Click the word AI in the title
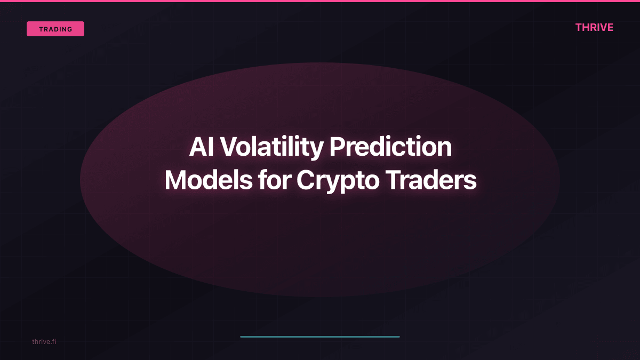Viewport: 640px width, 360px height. (201, 147)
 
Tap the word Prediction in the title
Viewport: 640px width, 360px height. (390, 147)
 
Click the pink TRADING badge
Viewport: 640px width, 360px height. (55, 29)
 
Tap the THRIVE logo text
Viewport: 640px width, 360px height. (594, 28)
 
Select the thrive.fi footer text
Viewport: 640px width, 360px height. (44, 341)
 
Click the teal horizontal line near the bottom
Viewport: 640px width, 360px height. (320, 337)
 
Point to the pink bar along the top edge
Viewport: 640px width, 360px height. (320, 1)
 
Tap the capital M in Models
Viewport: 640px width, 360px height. (176, 180)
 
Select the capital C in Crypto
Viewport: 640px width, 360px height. (307, 180)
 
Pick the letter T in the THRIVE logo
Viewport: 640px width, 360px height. (579, 28)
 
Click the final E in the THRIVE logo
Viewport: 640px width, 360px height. (610, 28)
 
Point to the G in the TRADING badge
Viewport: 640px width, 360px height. (70, 29)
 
